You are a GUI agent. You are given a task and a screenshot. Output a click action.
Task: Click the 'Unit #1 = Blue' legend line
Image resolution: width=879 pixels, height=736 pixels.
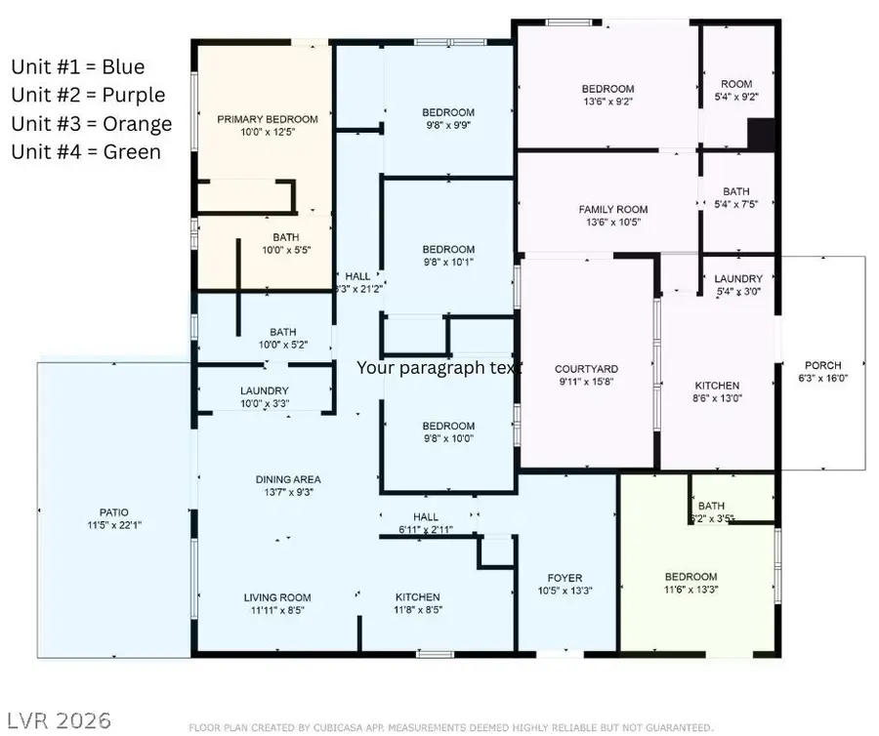click(77, 66)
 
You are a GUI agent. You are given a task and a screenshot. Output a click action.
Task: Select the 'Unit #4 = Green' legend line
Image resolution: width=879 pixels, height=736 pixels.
click(86, 151)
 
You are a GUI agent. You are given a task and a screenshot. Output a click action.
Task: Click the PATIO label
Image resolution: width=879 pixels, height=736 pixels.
click(113, 511)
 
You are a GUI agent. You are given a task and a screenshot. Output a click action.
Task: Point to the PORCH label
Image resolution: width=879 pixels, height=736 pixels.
click(822, 365)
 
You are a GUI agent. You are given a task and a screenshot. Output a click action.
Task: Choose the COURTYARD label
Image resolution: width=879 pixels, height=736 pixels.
click(586, 369)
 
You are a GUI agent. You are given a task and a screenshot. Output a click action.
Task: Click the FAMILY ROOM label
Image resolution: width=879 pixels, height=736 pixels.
click(612, 209)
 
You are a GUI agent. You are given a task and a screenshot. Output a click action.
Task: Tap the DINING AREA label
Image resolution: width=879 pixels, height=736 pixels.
click(288, 479)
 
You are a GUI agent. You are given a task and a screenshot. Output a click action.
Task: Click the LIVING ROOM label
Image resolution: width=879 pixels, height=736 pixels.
click(277, 597)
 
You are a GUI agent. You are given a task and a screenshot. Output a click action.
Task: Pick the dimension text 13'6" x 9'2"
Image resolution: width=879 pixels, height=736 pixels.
click(607, 102)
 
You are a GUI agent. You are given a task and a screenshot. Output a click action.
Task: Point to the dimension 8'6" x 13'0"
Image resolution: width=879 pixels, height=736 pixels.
click(716, 398)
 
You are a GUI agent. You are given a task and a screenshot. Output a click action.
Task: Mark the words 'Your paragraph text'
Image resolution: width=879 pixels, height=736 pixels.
click(439, 368)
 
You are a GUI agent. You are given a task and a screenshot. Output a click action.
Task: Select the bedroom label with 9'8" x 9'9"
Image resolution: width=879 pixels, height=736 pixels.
click(448, 112)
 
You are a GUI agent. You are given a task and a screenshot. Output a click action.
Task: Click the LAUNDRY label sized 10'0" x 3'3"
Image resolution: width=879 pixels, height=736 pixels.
click(264, 390)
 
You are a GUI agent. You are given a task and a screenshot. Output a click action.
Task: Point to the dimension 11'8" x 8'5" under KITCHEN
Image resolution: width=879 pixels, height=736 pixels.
click(417, 610)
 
